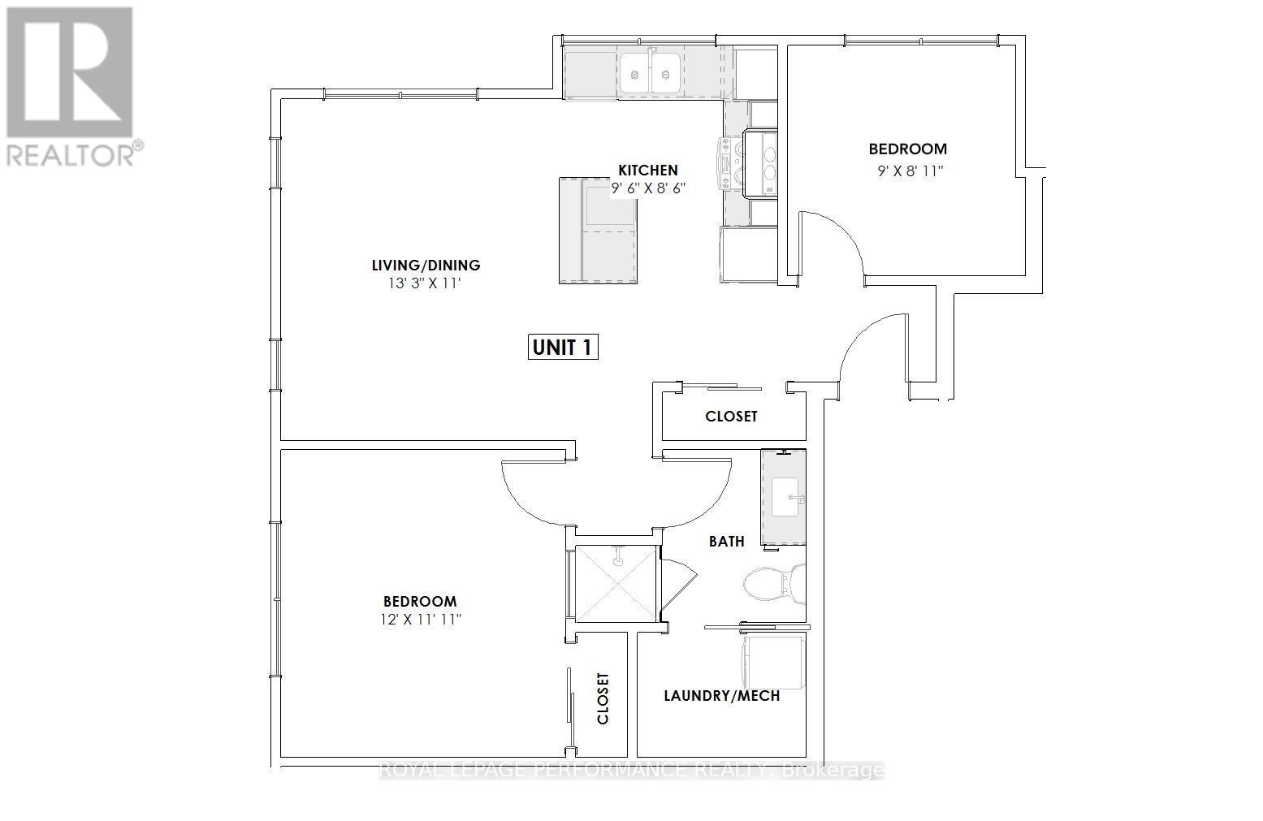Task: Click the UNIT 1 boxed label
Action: tap(563, 348)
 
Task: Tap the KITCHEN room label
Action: tap(648, 171)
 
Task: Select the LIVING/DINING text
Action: tap(426, 265)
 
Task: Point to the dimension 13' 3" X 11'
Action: tap(425, 283)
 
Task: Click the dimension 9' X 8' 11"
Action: tap(910, 171)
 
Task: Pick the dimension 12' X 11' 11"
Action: tap(421, 620)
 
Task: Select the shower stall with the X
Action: tap(616, 584)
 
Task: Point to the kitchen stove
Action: tap(760, 163)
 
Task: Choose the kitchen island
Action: tap(598, 231)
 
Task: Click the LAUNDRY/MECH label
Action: tap(722, 696)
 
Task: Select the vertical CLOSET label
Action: tap(603, 698)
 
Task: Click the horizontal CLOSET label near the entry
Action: tap(731, 416)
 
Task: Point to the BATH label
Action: tap(726, 542)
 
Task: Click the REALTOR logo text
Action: tap(75, 154)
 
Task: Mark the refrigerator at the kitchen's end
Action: tap(749, 253)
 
